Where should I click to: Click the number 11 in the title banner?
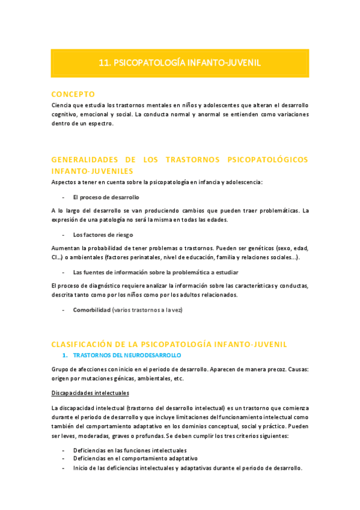click(x=103, y=63)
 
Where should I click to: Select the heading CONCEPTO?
click(x=73, y=94)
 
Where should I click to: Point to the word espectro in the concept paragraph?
click(x=100, y=123)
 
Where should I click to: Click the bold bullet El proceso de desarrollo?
click(x=106, y=197)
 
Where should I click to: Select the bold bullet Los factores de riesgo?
click(x=103, y=235)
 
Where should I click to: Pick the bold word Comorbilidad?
click(x=91, y=310)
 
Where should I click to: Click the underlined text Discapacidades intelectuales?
click(x=90, y=393)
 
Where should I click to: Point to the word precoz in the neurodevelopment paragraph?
click(x=270, y=369)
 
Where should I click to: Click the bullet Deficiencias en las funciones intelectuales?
click(x=130, y=450)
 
